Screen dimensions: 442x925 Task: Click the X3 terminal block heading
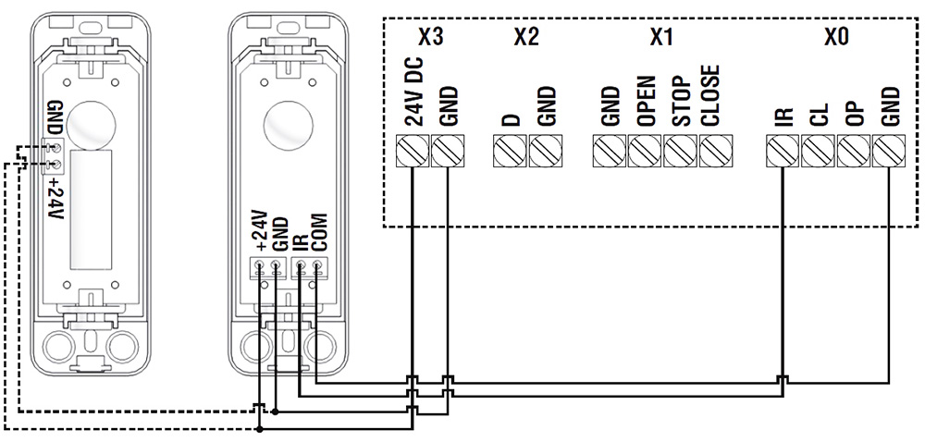430,38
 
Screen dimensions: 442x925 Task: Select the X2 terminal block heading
525,38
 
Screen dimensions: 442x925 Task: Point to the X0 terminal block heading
835,38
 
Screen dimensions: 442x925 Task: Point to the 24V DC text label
413,91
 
